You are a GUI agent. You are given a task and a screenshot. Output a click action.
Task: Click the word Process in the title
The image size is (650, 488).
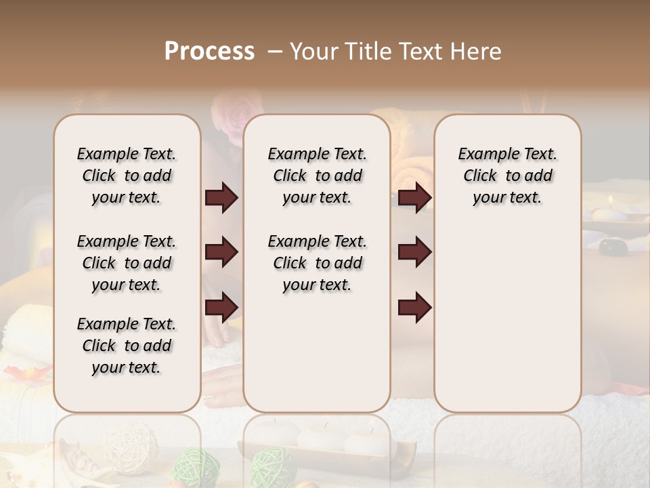[209, 52]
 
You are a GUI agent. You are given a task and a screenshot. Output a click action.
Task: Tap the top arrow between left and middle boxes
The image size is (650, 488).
[221, 198]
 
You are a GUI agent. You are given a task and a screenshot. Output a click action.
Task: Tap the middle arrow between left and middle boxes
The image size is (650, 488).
[221, 252]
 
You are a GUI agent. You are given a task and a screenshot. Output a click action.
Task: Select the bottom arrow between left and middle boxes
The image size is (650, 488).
[221, 306]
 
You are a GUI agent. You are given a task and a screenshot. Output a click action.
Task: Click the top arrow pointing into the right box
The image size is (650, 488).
[414, 198]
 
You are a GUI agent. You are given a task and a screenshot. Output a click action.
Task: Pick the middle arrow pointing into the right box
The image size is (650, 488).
[414, 252]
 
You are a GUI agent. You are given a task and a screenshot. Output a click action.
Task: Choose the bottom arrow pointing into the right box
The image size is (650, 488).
[414, 306]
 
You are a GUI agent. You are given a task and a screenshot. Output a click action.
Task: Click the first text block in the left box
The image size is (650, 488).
[127, 176]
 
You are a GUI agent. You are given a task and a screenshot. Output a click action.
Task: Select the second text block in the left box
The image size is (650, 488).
[127, 263]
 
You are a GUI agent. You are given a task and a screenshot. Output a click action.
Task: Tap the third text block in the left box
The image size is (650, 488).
[127, 346]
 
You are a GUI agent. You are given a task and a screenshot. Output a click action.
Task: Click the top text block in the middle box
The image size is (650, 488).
[317, 176]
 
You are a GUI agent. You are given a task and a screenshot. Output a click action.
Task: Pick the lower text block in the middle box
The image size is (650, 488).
[317, 263]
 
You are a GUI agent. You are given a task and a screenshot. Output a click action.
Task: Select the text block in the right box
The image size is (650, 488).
[507, 176]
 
